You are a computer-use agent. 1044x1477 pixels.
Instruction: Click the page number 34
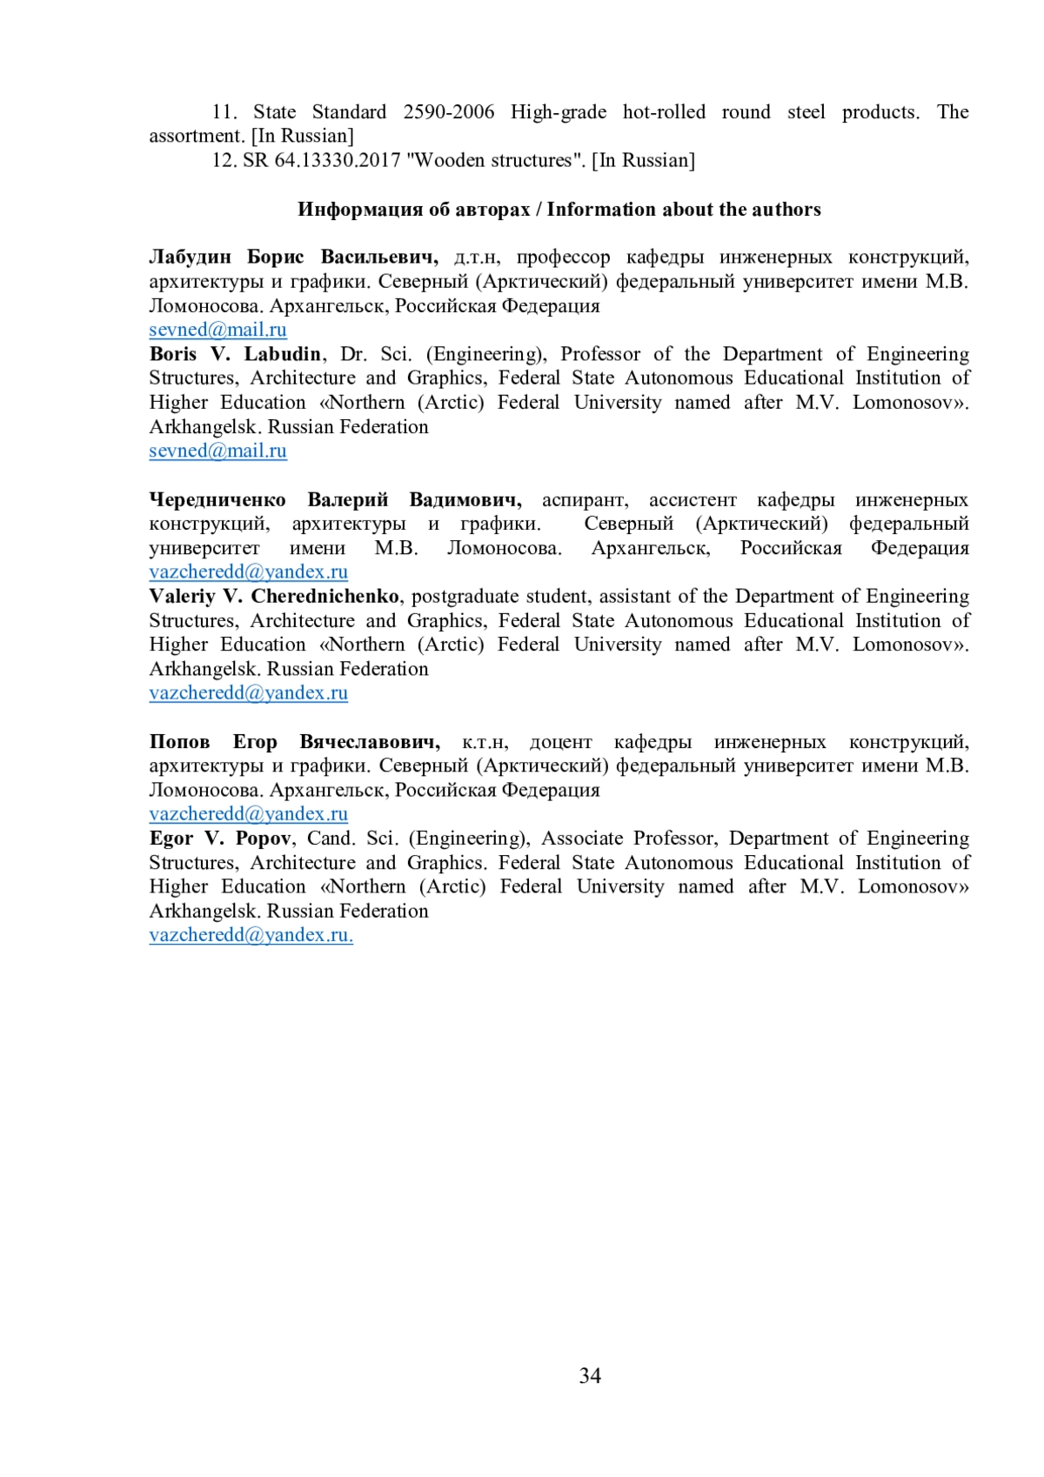point(589,1375)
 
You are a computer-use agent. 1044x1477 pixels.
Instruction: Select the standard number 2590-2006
point(448,112)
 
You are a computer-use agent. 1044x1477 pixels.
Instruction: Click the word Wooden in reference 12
point(451,161)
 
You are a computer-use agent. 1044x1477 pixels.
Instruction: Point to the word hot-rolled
point(664,112)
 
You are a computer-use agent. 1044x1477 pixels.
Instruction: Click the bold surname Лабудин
point(190,257)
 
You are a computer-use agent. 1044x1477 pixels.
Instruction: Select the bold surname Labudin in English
point(282,354)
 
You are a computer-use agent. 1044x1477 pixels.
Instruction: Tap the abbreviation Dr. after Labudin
point(353,354)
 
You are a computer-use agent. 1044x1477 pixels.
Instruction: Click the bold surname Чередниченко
point(217,500)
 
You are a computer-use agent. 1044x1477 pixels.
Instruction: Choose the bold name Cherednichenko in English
point(325,597)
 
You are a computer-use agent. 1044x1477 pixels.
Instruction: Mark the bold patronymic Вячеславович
point(370,742)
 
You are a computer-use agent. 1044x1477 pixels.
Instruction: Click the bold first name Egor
point(171,839)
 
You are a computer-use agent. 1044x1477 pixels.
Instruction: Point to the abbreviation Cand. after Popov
point(331,839)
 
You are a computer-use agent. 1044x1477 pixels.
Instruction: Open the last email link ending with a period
point(251,935)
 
